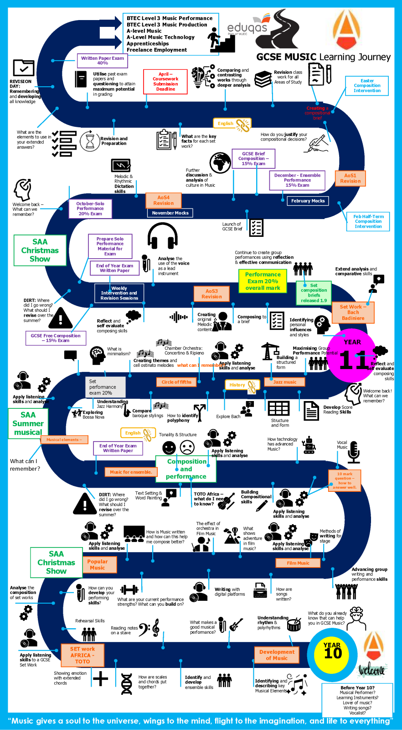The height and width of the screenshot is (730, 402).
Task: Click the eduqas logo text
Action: [x=247, y=28]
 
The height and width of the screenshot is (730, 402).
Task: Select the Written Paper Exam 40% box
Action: [x=103, y=61]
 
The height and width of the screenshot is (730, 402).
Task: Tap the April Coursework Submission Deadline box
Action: [x=165, y=82]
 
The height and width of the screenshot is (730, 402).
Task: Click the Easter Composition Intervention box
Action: [x=367, y=86]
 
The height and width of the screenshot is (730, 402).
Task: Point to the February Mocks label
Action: [x=308, y=201]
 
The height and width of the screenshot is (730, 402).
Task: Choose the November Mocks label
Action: [x=170, y=213]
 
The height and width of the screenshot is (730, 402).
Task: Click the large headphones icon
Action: [x=162, y=236]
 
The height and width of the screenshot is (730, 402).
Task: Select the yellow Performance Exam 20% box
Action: [x=263, y=281]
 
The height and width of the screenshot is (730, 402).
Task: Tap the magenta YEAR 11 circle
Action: [x=352, y=355]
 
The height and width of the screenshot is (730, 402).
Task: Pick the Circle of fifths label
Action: [x=176, y=382]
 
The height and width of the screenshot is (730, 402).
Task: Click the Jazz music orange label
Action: [x=284, y=382]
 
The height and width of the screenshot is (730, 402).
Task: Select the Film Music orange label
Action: [x=298, y=563]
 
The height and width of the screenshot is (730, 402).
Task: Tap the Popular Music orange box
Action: [x=98, y=565]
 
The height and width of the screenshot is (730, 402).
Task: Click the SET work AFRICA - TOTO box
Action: [x=82, y=655]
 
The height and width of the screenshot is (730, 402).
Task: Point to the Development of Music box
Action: [x=277, y=655]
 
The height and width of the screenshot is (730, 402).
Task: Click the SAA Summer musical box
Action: [x=28, y=423]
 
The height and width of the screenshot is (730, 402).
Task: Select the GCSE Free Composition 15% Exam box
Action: [x=56, y=338]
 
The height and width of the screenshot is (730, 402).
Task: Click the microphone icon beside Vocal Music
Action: [x=354, y=452]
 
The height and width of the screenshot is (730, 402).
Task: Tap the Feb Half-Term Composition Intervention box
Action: [x=368, y=222]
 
